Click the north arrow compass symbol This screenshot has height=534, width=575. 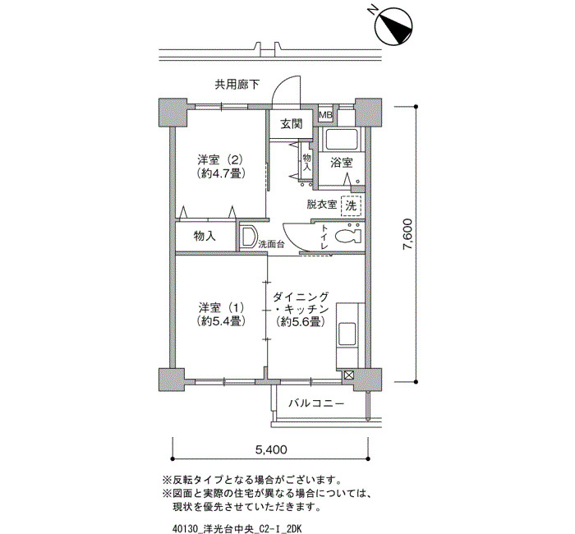click(393, 25)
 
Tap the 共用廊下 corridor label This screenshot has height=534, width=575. click(237, 85)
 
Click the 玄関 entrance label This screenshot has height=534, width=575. click(292, 124)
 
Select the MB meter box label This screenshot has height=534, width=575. click(325, 115)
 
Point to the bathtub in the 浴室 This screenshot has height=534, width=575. click(342, 140)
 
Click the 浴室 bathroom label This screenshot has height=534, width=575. click(342, 163)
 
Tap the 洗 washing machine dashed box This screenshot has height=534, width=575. click(351, 205)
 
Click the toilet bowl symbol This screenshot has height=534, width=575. click(347, 236)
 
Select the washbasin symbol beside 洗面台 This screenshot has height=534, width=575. click(249, 237)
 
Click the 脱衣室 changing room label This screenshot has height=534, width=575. click(322, 205)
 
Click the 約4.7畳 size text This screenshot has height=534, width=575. click(220, 173)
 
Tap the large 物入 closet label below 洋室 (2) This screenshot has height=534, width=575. click(205, 237)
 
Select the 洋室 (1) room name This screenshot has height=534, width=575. click(221, 307)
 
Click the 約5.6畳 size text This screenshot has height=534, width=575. click(301, 322)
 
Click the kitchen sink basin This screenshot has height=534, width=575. click(347, 334)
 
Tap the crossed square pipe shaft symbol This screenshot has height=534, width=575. click(348, 375)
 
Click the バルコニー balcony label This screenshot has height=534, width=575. click(316, 404)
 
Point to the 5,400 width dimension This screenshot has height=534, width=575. click(271, 449)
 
